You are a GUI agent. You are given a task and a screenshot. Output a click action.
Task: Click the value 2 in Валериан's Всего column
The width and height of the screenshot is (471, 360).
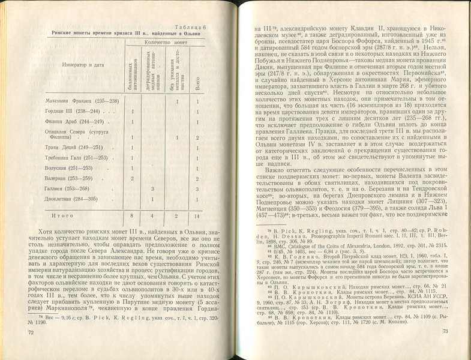coord(198,179)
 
